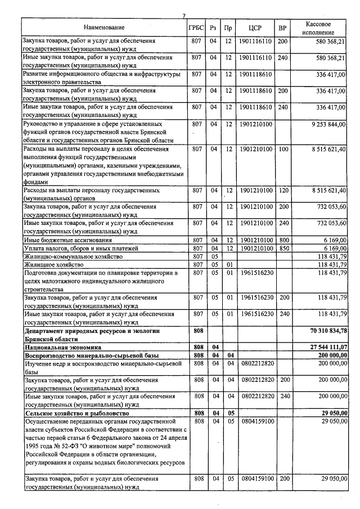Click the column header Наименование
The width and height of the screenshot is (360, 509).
[104, 28]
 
